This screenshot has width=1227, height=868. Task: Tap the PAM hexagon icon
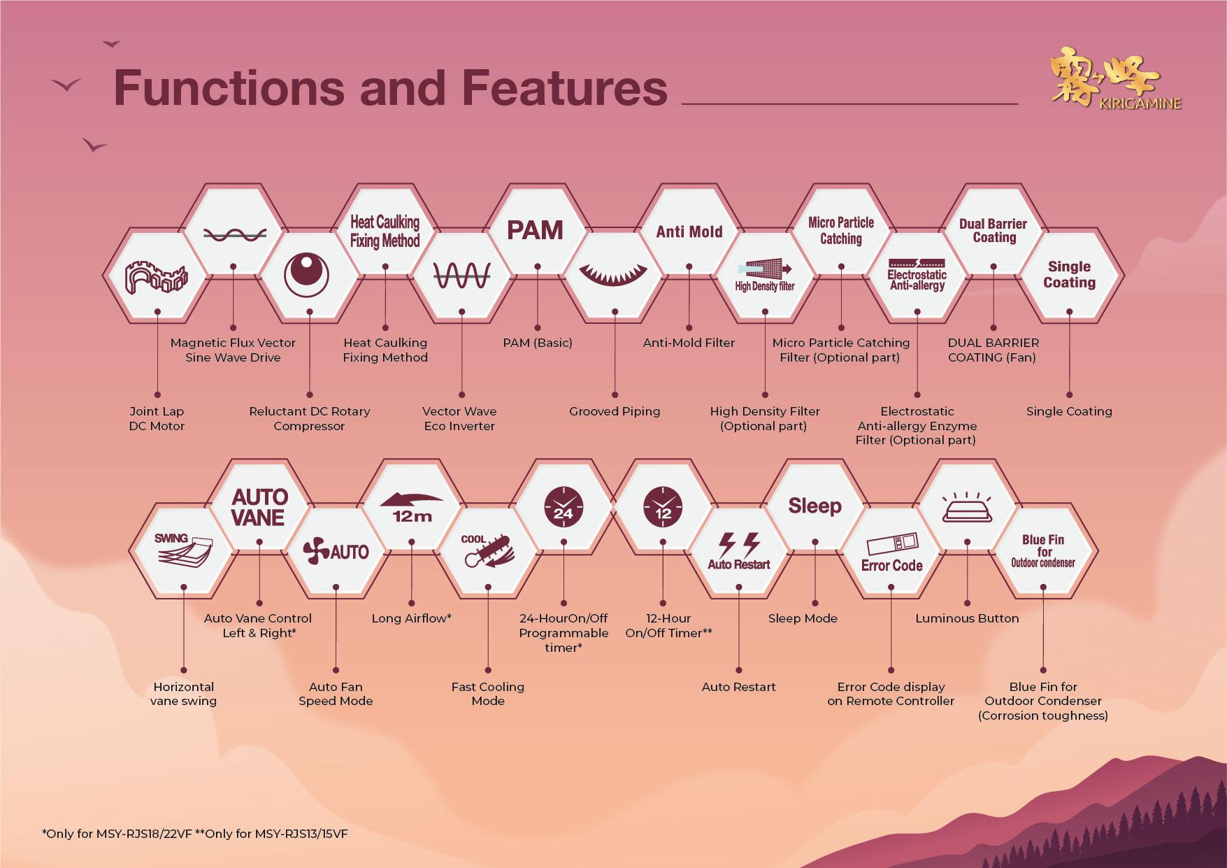[535, 230]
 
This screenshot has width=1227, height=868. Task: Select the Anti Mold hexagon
[689, 232]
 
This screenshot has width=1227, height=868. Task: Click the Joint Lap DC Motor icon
[157, 277]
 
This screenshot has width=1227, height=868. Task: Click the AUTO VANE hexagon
[259, 507]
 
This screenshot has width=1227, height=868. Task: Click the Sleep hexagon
[815, 506]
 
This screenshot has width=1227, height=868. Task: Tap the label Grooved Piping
[615, 411]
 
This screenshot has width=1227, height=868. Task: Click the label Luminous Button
[967, 618]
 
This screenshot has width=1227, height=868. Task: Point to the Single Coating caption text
[1068, 411]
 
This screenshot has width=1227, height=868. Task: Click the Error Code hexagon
[891, 553]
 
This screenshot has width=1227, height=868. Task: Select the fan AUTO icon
[336, 552]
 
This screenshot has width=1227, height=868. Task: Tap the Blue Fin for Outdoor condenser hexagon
[1042, 551]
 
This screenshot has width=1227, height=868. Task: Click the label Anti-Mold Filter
[689, 343]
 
